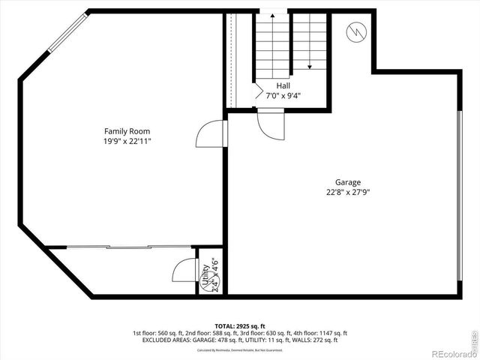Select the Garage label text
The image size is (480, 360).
(348, 182)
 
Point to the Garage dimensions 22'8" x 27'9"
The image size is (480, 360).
(348, 192)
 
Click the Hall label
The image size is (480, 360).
(283, 86)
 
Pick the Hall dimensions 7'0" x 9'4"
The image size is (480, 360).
(283, 95)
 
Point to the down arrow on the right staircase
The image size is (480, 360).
(309, 64)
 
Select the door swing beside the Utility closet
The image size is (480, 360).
(184, 270)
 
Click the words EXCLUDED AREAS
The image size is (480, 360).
(163, 340)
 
